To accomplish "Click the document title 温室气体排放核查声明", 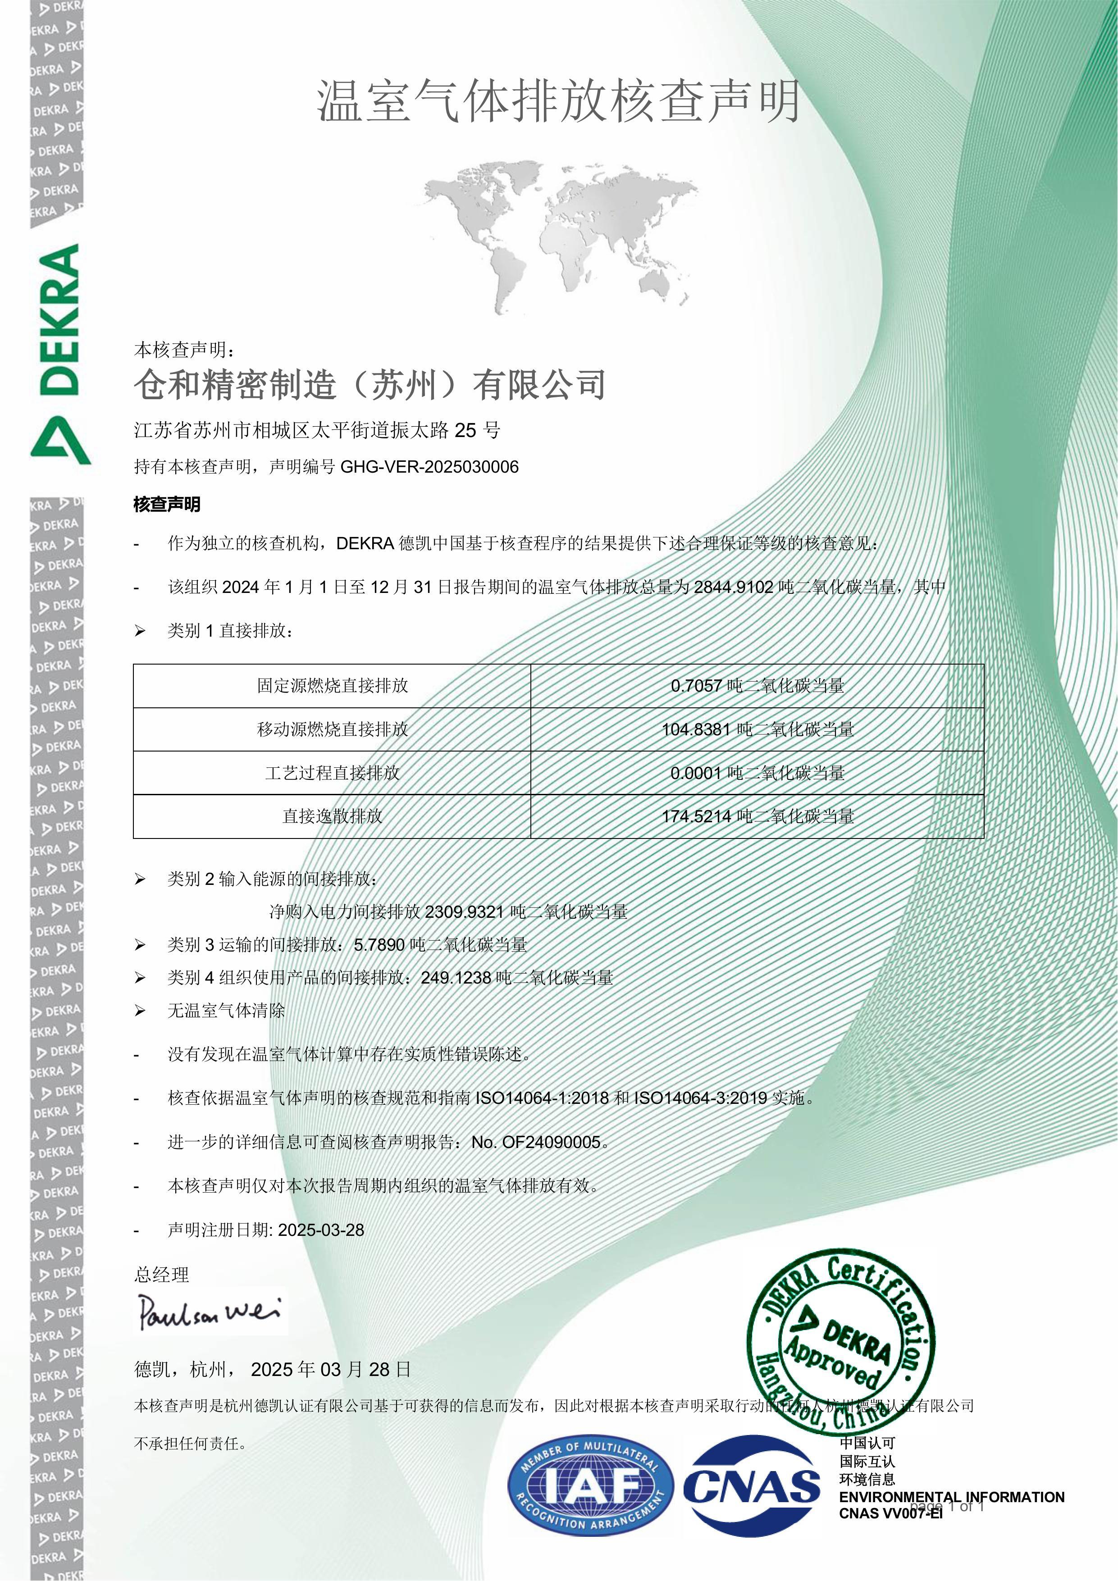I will (559, 102).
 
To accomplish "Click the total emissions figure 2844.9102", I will (734, 588).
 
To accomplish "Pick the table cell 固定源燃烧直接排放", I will (332, 686).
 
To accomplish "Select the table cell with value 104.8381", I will (758, 729).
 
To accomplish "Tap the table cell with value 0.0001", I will (758, 773).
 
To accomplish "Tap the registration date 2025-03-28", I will (321, 1230).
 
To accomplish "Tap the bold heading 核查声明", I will (167, 505).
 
